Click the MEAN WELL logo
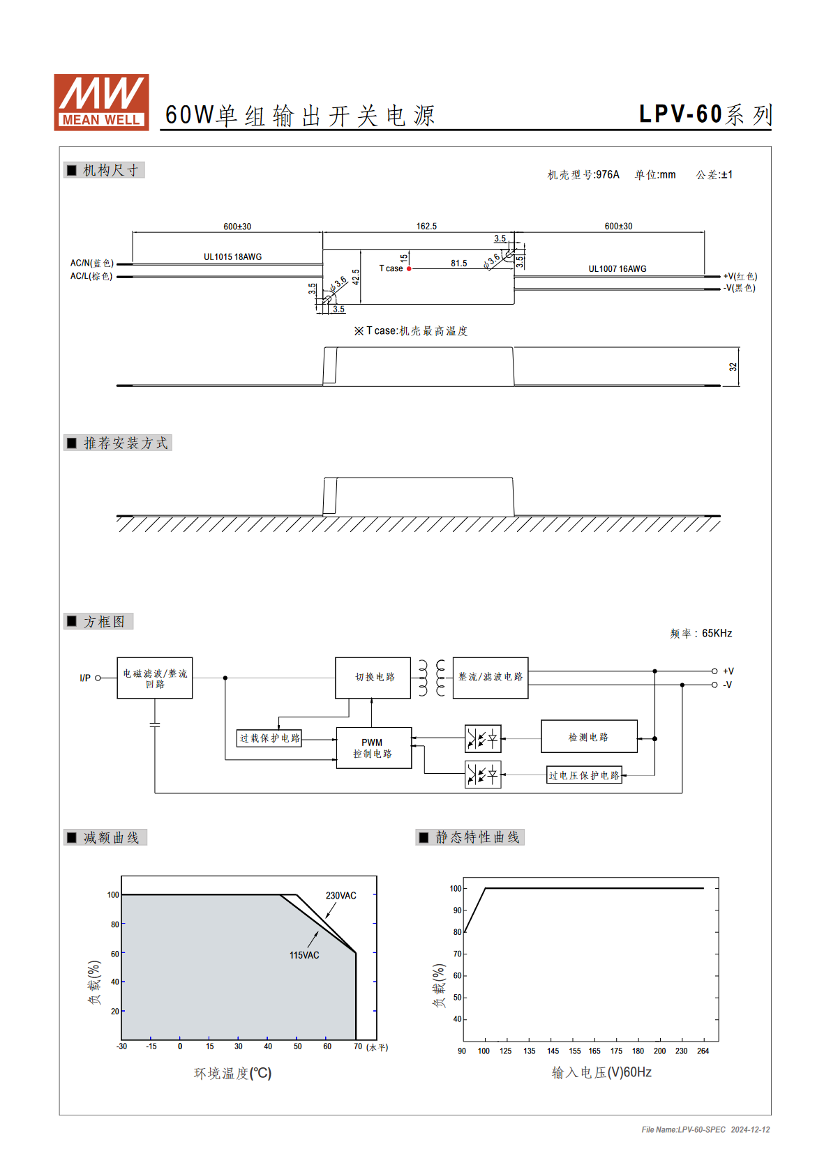(x=101, y=102)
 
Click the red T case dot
(x=409, y=269)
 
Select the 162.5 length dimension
(x=426, y=227)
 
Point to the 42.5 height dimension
(x=356, y=277)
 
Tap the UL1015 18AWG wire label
(x=232, y=257)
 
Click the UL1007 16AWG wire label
(x=617, y=269)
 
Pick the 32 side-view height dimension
(x=733, y=367)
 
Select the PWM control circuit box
(x=373, y=748)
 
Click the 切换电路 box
(x=373, y=678)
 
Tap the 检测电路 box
(x=589, y=736)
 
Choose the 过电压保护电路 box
(x=584, y=775)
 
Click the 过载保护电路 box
(x=269, y=738)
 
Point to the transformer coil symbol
(x=432, y=678)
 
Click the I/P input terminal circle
(x=98, y=678)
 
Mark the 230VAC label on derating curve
(x=341, y=896)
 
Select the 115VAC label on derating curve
(x=304, y=956)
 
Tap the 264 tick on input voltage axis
(x=703, y=1051)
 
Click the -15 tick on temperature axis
(x=151, y=1046)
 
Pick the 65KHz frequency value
(x=717, y=633)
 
